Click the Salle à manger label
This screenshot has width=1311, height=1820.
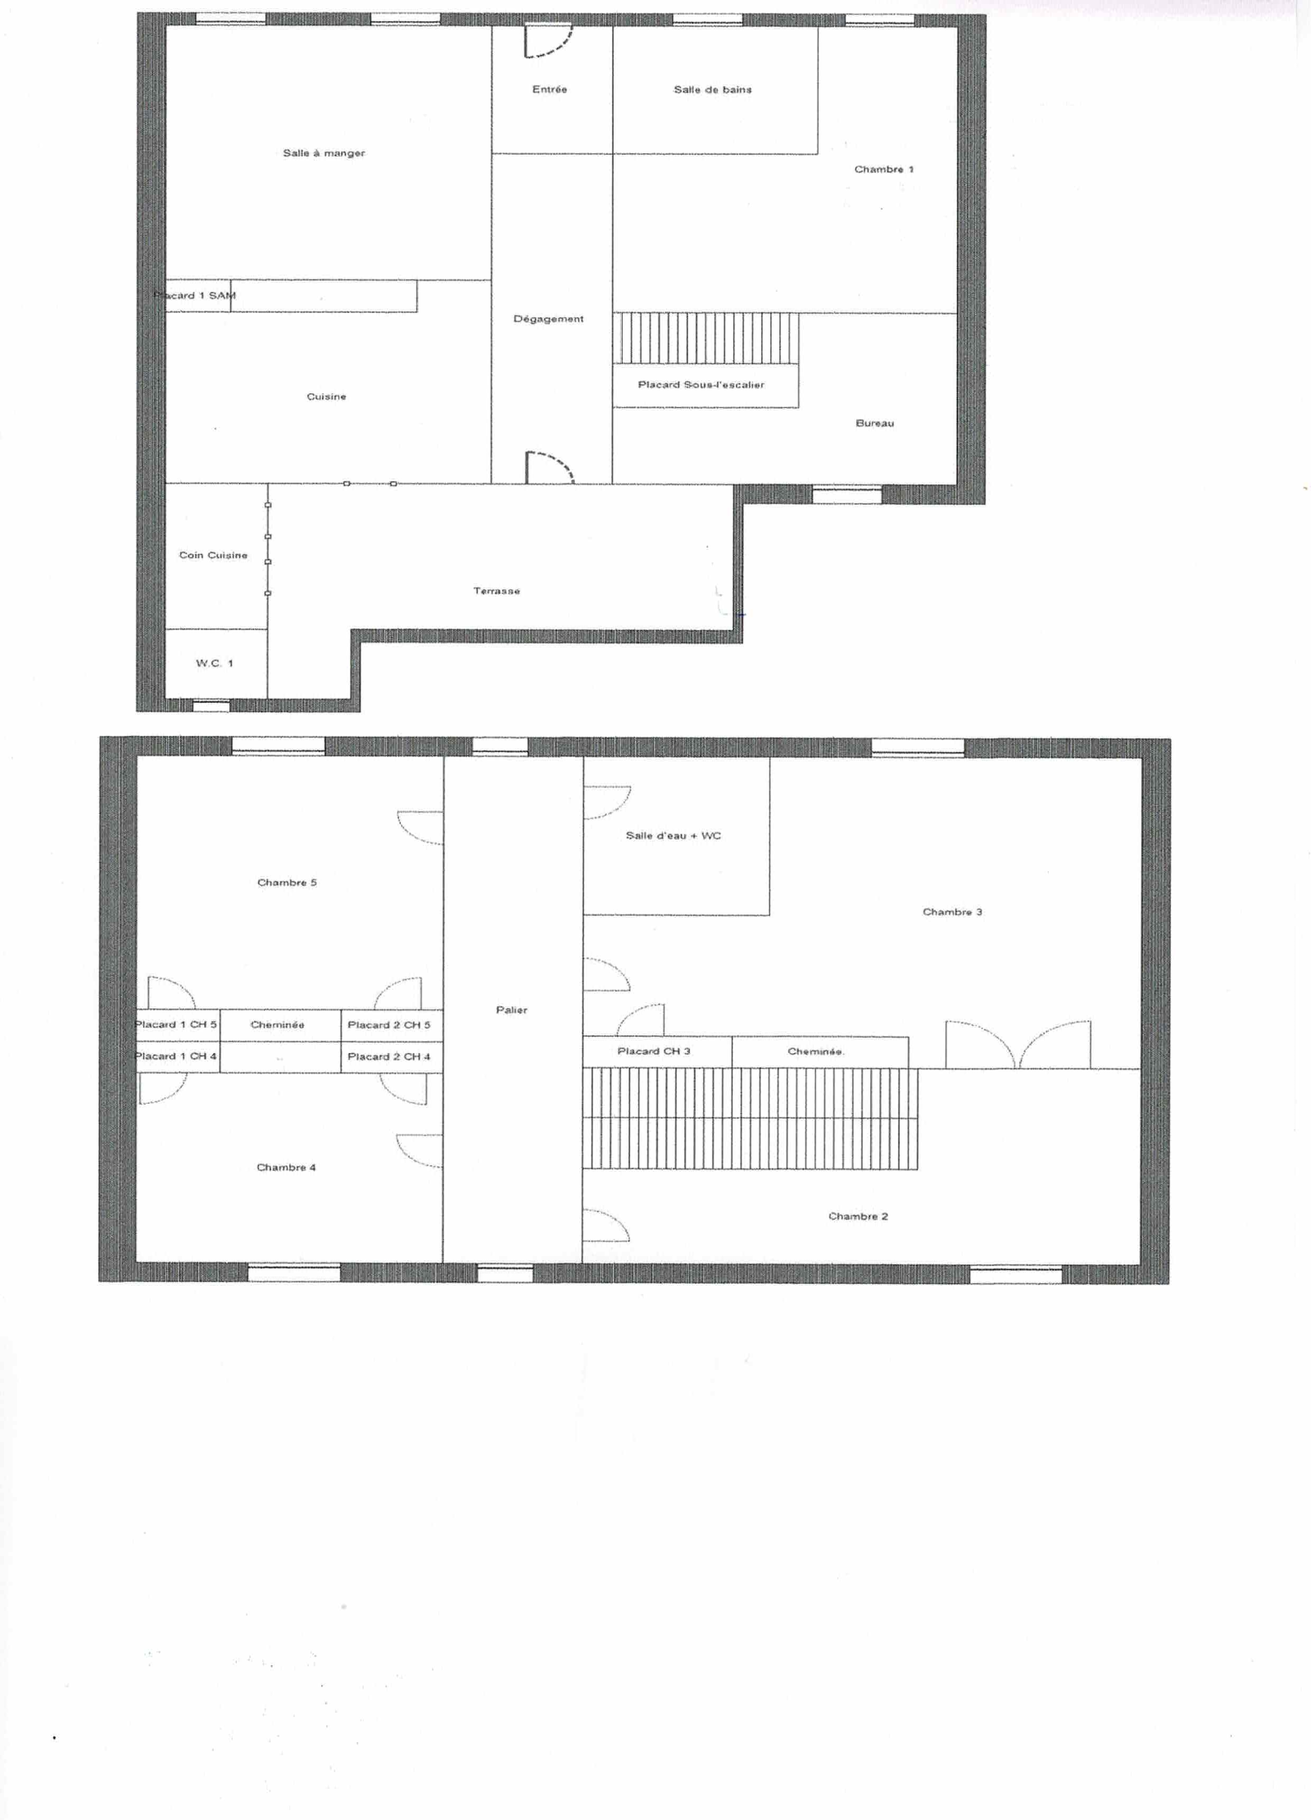[x=324, y=153]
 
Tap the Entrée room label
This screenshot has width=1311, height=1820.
[x=549, y=89]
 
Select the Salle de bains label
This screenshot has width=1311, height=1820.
[x=712, y=89]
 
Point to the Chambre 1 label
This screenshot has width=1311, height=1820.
[x=883, y=170]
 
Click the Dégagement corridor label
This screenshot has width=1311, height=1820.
[x=548, y=319]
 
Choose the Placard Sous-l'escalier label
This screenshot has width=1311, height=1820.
[x=701, y=384]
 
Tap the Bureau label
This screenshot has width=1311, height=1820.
[x=874, y=424]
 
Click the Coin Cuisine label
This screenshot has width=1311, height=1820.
[x=213, y=556]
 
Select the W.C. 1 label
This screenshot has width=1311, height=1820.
[x=215, y=663]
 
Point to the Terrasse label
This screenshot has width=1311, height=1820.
[x=497, y=591]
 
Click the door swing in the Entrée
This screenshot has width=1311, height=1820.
[x=547, y=42]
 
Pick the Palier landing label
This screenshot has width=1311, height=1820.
[x=511, y=1010]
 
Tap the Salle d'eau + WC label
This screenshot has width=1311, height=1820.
[x=673, y=836]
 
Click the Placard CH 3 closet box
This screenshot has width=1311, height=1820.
[x=657, y=1052]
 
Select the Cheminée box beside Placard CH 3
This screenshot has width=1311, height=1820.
[x=820, y=1052]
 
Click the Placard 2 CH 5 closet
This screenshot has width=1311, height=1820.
[x=392, y=1025]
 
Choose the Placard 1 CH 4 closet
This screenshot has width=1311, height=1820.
[x=178, y=1057]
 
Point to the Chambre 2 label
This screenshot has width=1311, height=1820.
[x=858, y=1216]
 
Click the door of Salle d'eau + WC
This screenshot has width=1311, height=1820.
[x=607, y=803]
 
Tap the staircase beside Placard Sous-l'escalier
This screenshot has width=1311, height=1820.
[x=705, y=338]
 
